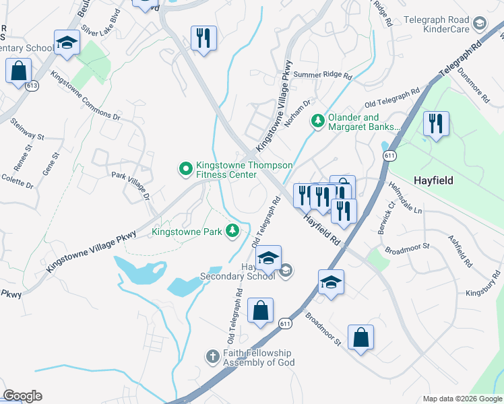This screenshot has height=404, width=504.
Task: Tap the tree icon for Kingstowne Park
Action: click(232, 232)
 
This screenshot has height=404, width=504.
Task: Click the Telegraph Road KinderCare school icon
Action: click(480, 24)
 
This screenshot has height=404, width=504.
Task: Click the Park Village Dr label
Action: click(131, 183)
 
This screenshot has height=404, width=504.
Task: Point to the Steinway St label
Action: click(27, 129)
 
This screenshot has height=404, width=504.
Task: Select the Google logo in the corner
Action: click(22, 396)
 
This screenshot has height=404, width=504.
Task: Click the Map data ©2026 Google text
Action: click(462, 399)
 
